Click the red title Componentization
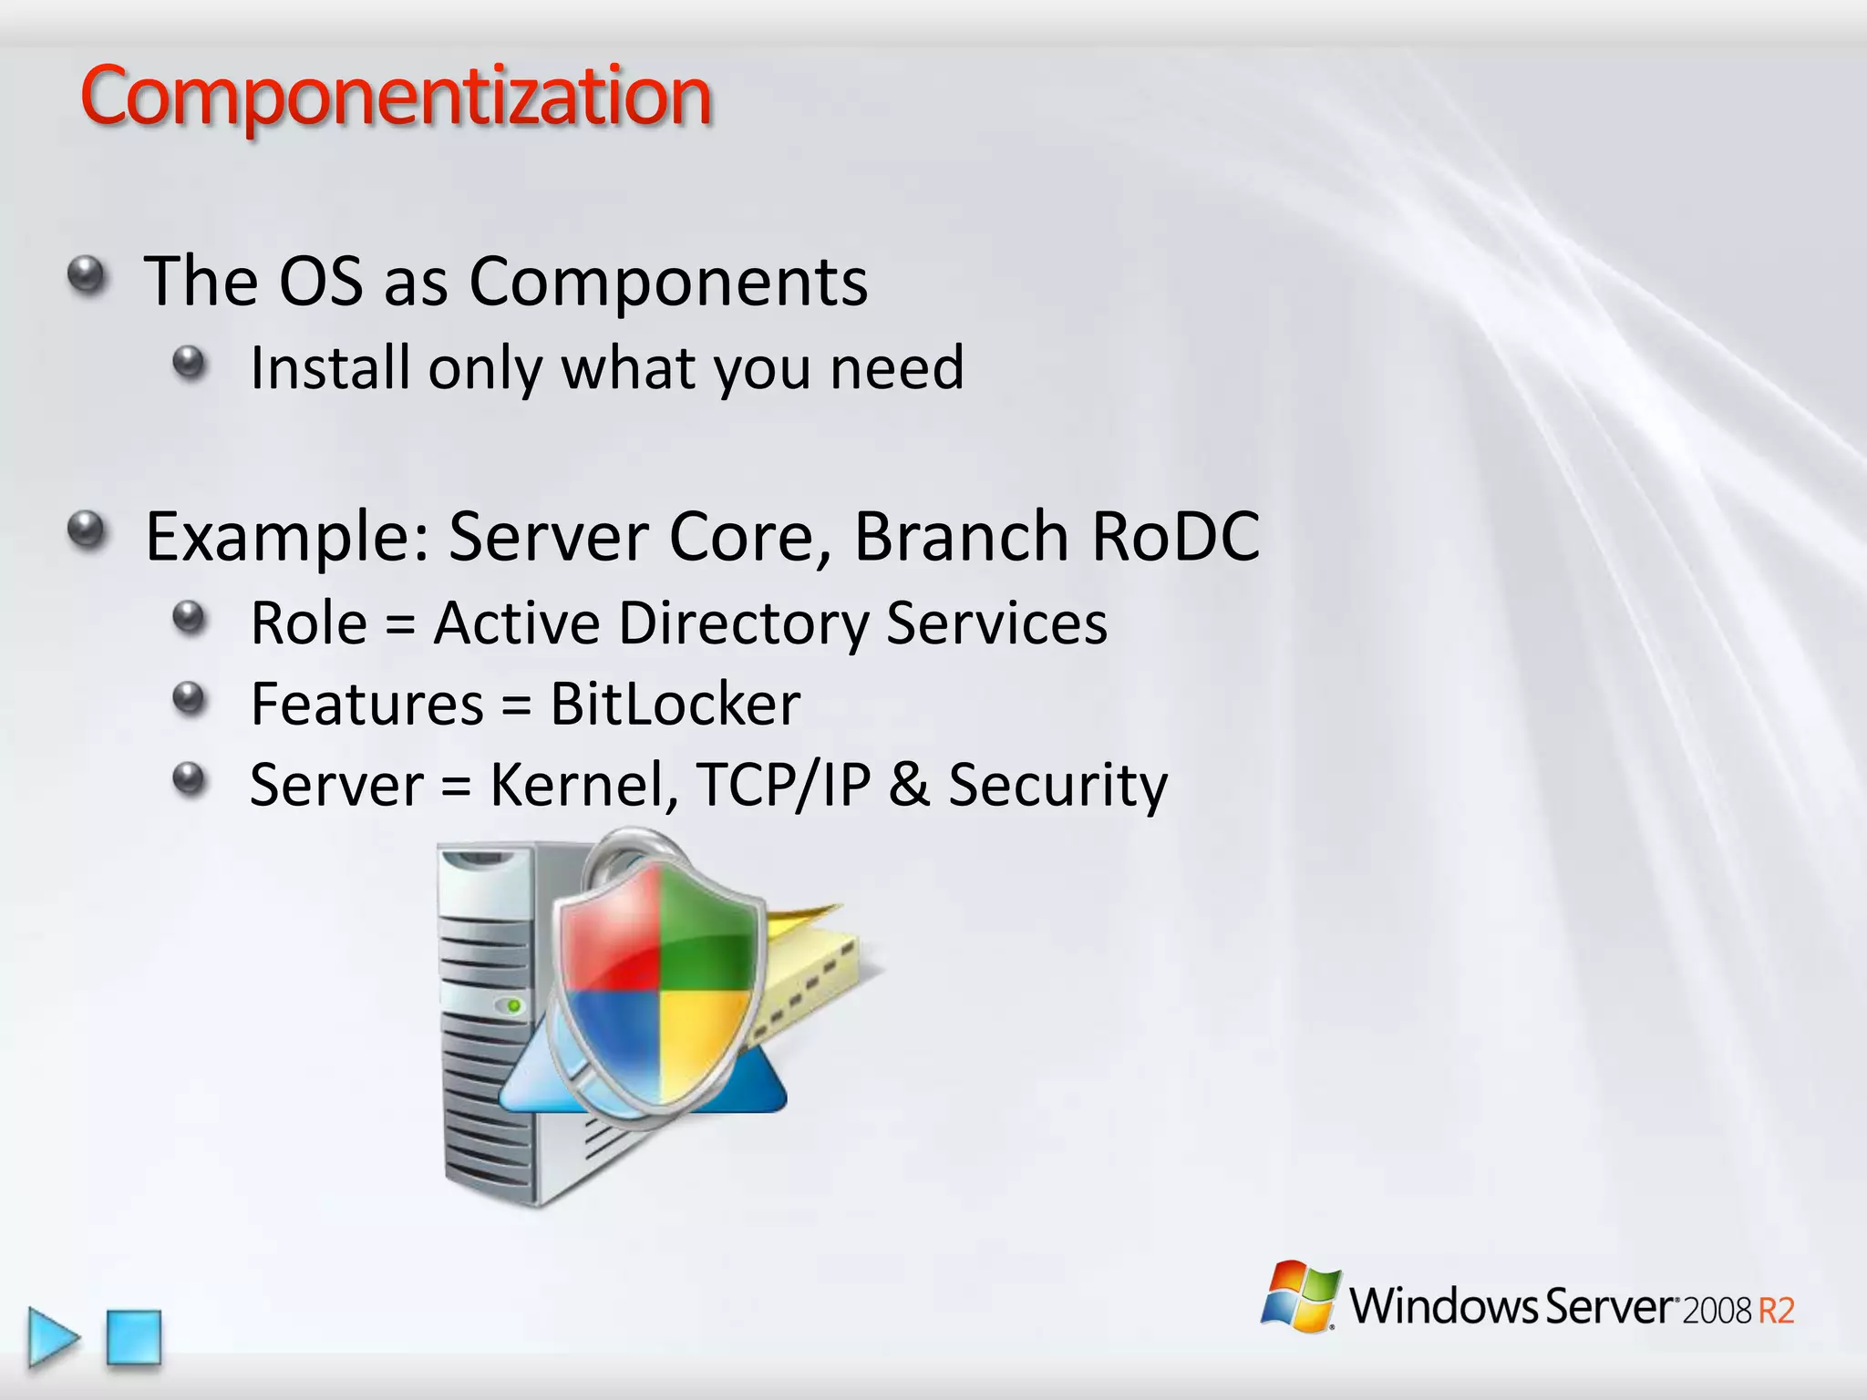pos(395,97)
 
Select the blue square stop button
pos(134,1337)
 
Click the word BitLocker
pos(675,704)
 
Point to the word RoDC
pos(1175,536)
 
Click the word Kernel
pos(583,785)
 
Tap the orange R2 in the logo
pos(1775,1311)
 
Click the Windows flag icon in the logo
pos(1300,1296)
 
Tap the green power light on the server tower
pos(513,1005)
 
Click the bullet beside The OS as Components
pos(88,274)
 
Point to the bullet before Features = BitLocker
pos(190,699)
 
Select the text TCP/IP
pos(783,785)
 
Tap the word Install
pos(329,367)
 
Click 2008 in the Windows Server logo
pos(1717,1311)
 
